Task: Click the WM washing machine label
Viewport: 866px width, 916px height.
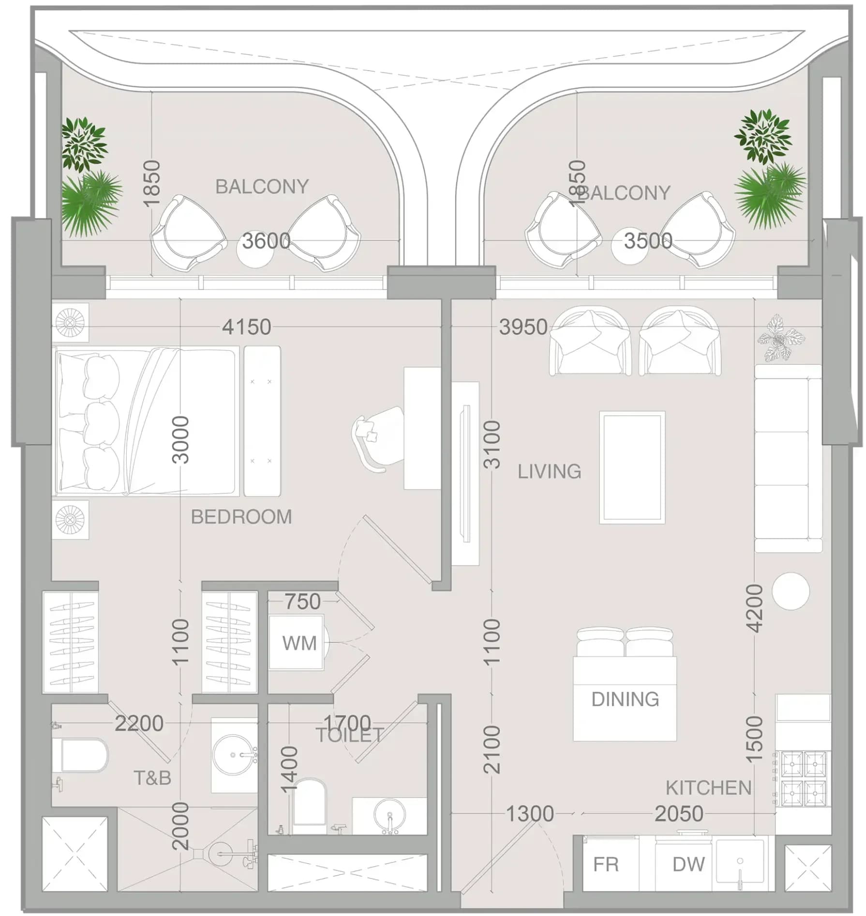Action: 299,643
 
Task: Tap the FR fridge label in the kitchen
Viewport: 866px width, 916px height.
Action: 606,864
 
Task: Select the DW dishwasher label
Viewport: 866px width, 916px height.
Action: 688,864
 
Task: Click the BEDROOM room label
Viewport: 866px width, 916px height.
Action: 241,517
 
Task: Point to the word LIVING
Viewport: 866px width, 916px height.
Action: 549,471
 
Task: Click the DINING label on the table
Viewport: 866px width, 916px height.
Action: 625,699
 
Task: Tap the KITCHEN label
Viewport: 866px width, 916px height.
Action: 708,788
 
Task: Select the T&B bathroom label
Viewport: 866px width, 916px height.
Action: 152,778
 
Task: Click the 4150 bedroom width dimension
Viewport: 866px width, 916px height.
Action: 246,327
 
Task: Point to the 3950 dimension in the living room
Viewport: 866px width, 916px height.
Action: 523,327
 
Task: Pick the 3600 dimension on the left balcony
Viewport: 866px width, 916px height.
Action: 266,241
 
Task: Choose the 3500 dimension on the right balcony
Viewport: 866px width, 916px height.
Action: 648,241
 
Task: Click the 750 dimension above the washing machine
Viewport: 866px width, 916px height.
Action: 302,601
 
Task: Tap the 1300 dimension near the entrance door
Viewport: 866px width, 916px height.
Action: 530,814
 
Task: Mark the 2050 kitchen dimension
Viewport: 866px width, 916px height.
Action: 679,814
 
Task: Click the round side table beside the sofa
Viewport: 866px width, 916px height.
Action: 791,591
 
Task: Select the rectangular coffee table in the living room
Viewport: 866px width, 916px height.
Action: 632,467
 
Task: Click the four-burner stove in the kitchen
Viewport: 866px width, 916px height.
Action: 804,778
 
